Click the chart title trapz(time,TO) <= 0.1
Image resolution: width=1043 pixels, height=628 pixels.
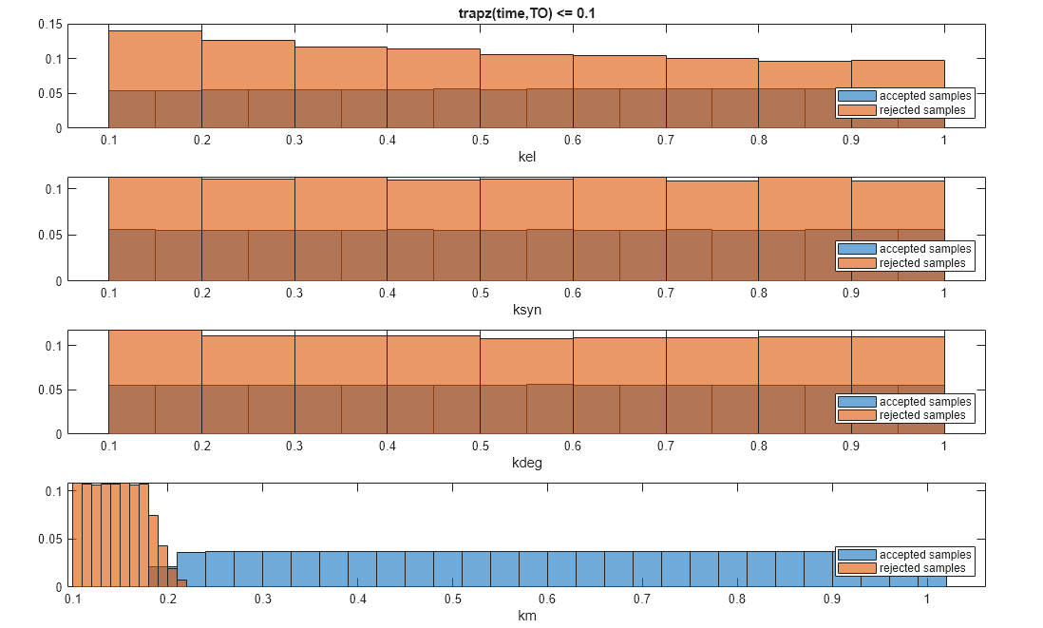tap(526, 13)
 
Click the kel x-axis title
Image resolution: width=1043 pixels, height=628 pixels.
tap(526, 157)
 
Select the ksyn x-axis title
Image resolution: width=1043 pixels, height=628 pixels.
tap(526, 310)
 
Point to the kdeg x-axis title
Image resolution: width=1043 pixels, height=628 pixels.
tap(526, 463)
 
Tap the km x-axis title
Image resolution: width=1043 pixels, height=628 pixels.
tap(526, 617)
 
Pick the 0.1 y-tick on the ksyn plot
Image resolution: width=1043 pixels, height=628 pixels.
tap(53, 188)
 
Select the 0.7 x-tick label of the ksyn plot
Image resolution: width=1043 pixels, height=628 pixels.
tap(665, 294)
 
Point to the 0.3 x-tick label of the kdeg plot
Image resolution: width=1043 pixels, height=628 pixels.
tap(294, 447)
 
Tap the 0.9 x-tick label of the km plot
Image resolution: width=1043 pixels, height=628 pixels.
tap(832, 599)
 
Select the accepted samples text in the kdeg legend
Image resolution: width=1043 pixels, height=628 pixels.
tap(925, 402)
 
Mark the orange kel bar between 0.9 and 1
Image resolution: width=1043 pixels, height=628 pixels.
tap(898, 75)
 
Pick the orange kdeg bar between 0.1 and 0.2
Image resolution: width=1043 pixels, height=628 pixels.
tap(155, 357)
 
